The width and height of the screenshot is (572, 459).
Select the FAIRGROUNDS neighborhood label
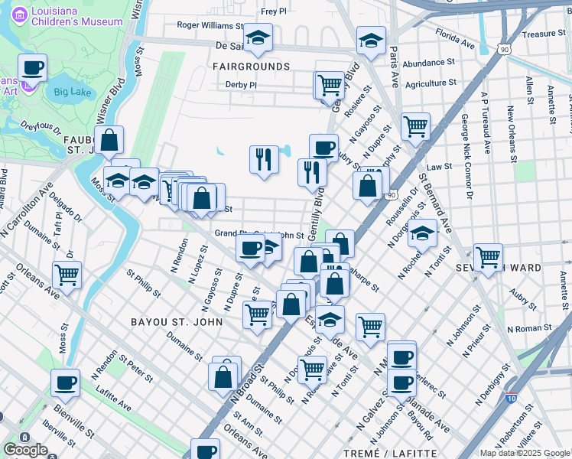coord(252,67)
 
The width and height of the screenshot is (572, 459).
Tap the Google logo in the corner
coord(25,450)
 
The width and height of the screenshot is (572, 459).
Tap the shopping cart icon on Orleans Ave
coord(67,274)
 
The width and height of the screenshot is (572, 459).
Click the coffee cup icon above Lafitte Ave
coord(65,382)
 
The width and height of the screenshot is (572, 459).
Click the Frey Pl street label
coord(273,11)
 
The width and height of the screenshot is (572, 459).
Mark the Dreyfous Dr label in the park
coord(41,128)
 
